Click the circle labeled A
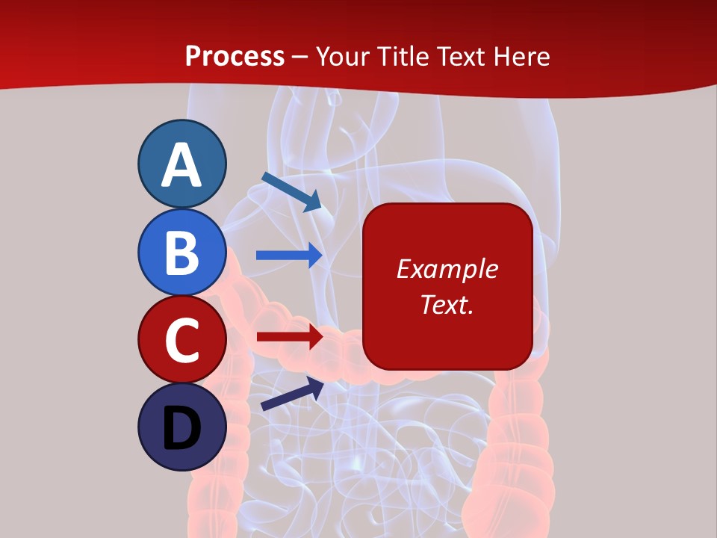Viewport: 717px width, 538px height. coord(181,164)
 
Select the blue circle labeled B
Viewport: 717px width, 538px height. coord(181,252)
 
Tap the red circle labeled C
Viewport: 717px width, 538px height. coord(181,339)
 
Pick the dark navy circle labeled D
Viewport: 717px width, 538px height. coord(181,427)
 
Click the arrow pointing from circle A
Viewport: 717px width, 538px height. coord(291,191)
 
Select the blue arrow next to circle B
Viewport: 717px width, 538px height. coord(289,255)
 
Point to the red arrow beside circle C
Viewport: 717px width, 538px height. coord(289,336)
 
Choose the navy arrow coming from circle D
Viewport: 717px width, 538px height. coord(292,395)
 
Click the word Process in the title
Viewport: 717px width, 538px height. coord(235,56)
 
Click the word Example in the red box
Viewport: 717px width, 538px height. coord(447,269)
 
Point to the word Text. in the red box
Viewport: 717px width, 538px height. coord(447,304)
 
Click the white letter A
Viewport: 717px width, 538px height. coord(181,164)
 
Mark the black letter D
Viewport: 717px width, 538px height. coord(181,428)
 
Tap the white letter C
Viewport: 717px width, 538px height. coord(181,340)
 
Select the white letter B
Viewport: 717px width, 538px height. coord(181,253)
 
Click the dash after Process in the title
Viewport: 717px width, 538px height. coord(300,57)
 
